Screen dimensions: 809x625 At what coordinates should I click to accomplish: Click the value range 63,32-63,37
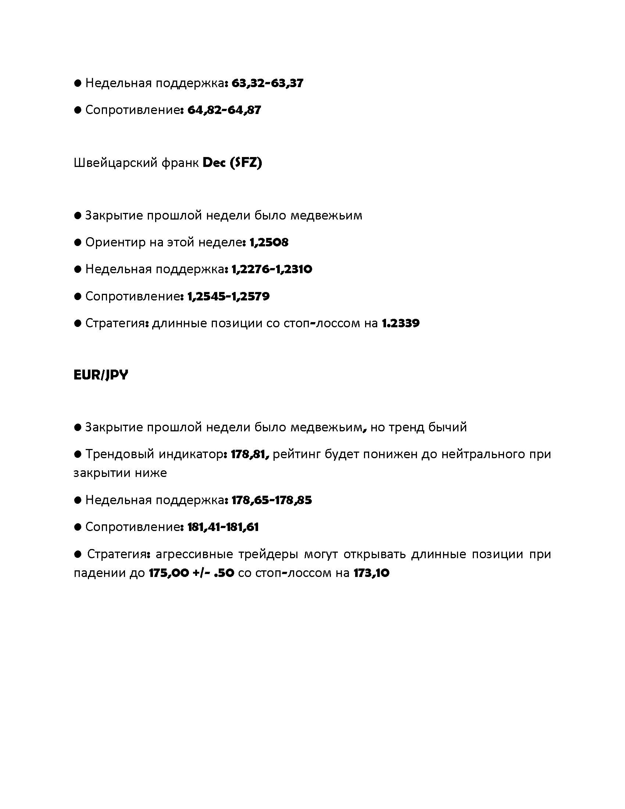pyautogui.click(x=267, y=83)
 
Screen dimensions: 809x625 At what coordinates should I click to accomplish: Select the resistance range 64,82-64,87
pyautogui.click(x=224, y=110)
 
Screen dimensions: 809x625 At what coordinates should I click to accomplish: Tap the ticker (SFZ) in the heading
pyautogui.click(x=246, y=163)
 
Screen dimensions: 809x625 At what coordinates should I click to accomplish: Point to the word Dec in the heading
pyautogui.click(x=214, y=163)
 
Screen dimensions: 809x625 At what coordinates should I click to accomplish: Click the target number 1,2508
pyautogui.click(x=269, y=243)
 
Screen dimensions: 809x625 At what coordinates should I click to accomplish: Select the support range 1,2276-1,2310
pyautogui.click(x=272, y=269)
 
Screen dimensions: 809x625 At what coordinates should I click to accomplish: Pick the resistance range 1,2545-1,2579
pyautogui.click(x=228, y=296)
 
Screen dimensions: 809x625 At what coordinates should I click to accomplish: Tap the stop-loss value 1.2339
pyautogui.click(x=401, y=323)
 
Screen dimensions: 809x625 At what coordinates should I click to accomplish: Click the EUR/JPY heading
pyautogui.click(x=101, y=375)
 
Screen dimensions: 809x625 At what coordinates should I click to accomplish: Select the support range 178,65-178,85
pyautogui.click(x=272, y=500)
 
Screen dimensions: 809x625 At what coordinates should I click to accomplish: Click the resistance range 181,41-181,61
pyautogui.click(x=223, y=527)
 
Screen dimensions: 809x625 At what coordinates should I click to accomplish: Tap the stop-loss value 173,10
pyautogui.click(x=371, y=573)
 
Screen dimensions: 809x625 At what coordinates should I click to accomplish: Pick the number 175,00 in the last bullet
pyautogui.click(x=168, y=573)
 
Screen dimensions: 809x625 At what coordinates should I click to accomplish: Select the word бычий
pyautogui.click(x=447, y=427)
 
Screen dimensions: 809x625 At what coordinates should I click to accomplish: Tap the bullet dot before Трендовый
pyautogui.click(x=77, y=454)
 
